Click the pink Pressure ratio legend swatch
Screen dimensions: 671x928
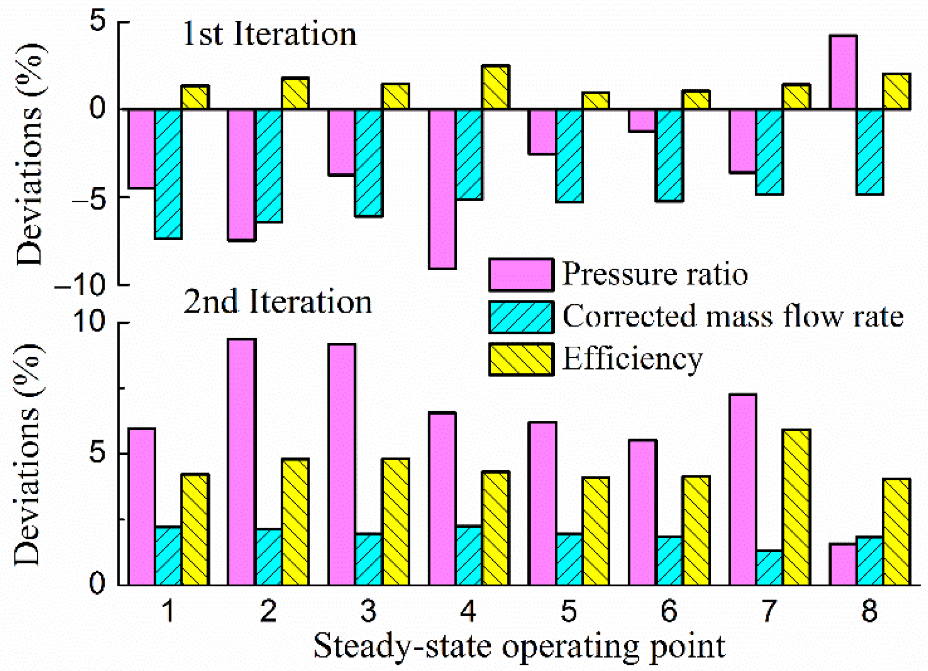pos(521,275)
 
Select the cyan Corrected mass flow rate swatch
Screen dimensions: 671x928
pos(521,317)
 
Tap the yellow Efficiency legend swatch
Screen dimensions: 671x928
pos(521,359)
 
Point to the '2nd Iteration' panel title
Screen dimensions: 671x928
pos(278,302)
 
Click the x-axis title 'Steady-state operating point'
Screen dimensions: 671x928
pos(519,646)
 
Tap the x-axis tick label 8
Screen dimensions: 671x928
pos(869,610)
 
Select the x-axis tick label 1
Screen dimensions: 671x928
pos(168,610)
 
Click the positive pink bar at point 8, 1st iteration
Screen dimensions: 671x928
pos(843,72)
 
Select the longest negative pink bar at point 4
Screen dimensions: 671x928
pos(442,189)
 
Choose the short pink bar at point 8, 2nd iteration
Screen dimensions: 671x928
pos(843,564)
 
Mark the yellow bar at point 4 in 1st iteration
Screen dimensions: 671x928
pos(496,88)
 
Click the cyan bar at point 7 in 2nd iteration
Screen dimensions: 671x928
pos(769,568)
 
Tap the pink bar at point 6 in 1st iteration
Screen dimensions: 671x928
pos(642,121)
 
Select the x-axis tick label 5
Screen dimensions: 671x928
pos(569,610)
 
